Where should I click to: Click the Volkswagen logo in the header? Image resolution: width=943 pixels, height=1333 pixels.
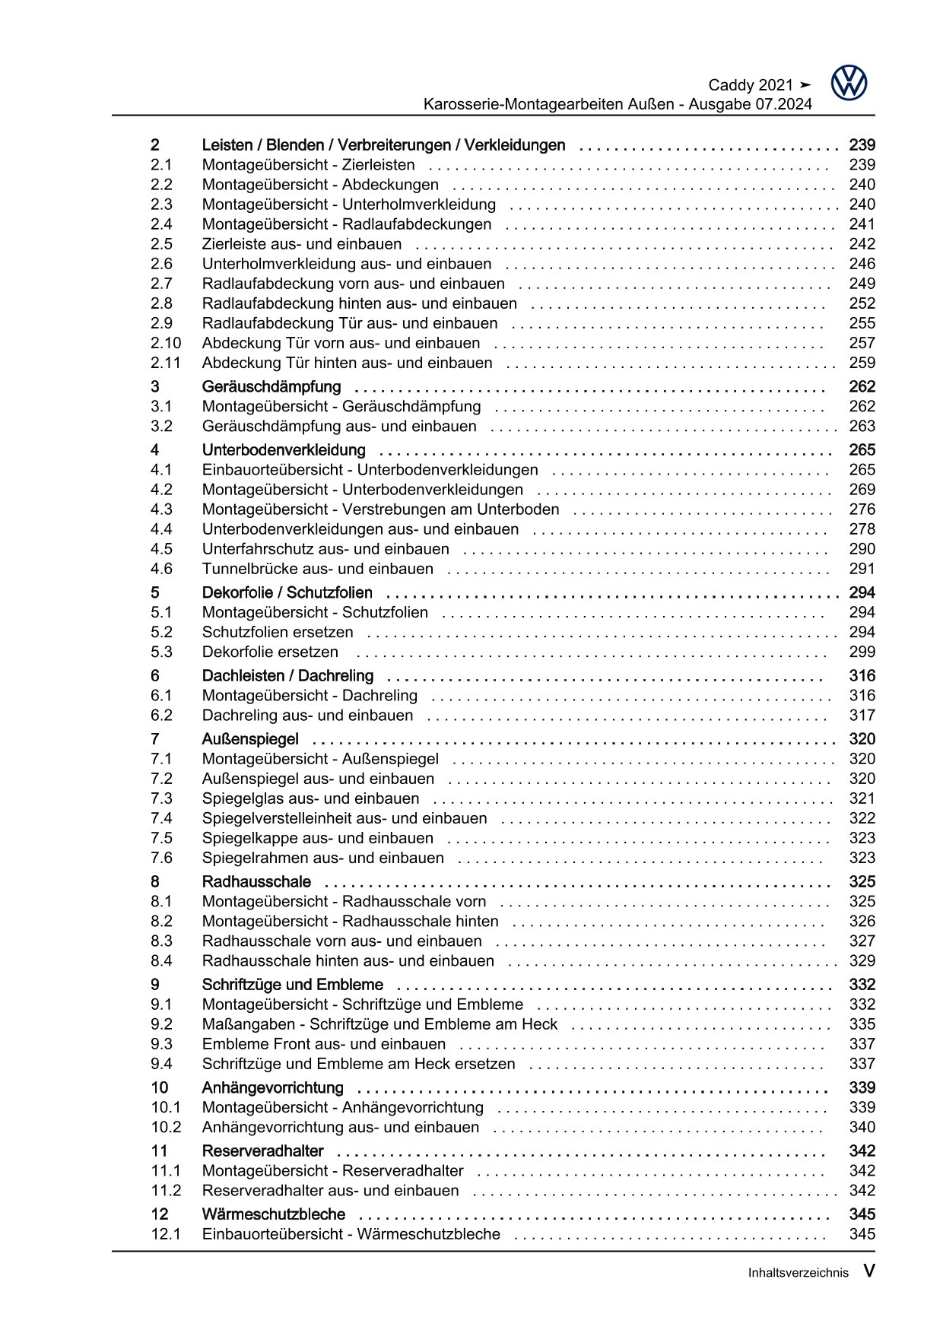(849, 83)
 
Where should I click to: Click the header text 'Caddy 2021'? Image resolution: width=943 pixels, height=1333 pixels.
(750, 85)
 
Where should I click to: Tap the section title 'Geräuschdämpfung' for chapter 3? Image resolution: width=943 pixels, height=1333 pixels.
(271, 387)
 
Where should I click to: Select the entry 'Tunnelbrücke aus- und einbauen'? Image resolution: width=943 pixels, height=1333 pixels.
(317, 569)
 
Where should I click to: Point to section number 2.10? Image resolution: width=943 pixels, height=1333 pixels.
(166, 343)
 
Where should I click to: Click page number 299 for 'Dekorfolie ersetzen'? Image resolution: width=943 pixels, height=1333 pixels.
(862, 652)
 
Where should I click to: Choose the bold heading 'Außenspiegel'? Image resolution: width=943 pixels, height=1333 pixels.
(250, 739)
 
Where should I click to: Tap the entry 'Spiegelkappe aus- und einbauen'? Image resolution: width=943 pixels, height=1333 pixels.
(317, 838)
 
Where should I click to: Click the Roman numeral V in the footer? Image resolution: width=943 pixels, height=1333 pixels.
(868, 1271)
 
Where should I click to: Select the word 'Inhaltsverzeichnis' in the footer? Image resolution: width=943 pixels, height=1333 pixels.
(798, 1272)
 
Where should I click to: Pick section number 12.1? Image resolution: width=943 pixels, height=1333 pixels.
(166, 1234)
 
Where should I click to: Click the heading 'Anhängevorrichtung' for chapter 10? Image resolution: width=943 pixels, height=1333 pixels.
(272, 1088)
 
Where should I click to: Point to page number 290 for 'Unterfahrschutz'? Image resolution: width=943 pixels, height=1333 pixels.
(862, 549)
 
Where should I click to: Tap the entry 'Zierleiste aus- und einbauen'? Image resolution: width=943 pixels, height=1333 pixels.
(302, 244)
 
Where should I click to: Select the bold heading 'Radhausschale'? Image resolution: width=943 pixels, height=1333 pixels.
(256, 882)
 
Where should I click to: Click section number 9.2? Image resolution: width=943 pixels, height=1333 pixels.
(161, 1024)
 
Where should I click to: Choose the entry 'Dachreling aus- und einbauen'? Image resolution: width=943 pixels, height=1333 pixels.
(307, 716)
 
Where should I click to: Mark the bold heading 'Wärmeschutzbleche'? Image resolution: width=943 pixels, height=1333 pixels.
(273, 1214)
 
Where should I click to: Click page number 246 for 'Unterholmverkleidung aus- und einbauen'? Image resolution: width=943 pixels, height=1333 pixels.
(862, 264)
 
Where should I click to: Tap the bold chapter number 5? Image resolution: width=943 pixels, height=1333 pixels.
(155, 593)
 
